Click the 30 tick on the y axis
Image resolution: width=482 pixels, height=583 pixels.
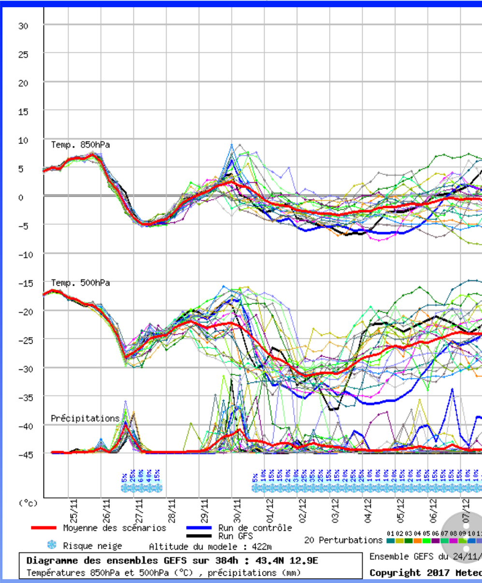(23, 26)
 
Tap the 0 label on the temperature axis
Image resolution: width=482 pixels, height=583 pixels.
(21, 197)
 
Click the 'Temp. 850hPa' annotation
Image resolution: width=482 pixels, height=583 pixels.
(80, 145)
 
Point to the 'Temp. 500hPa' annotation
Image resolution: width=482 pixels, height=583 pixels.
(80, 283)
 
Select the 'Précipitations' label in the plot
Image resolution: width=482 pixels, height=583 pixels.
(85, 418)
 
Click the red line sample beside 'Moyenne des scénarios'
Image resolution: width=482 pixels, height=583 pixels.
(44, 528)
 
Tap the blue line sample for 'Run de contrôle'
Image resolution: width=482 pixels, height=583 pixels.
(199, 528)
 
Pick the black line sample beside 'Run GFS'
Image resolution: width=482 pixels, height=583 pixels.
(199, 536)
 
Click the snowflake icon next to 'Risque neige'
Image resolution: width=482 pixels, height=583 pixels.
(51, 545)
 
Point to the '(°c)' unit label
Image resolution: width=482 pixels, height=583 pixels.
(28, 503)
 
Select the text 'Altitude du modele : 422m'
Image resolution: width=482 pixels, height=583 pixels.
(210, 547)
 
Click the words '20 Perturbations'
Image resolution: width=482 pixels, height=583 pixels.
(343, 539)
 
